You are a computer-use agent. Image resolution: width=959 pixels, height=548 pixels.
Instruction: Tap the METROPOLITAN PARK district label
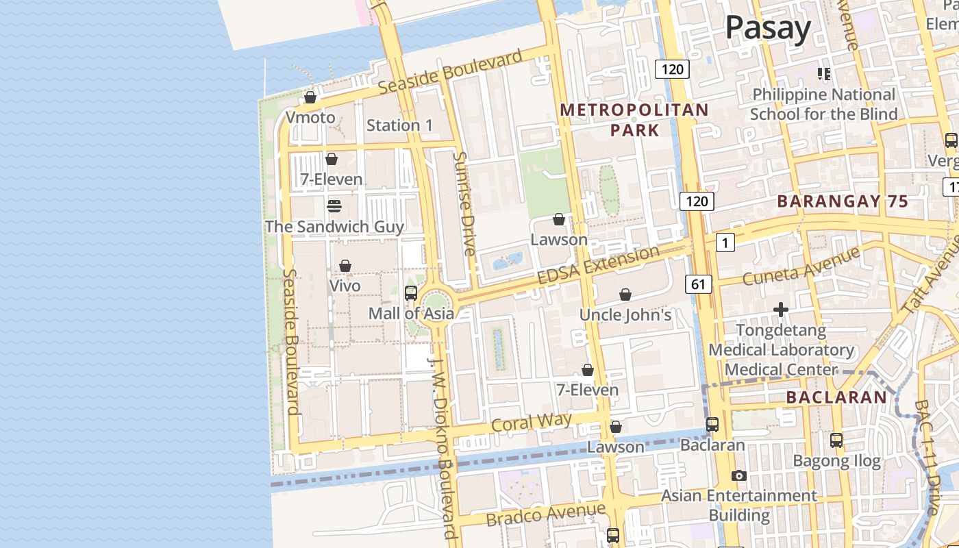[x=634, y=120]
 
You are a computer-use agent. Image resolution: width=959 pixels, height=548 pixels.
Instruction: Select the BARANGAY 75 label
[x=843, y=201]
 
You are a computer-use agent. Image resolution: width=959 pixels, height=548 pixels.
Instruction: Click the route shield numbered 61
[x=697, y=284]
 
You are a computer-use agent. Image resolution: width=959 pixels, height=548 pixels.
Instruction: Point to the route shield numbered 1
[x=724, y=242]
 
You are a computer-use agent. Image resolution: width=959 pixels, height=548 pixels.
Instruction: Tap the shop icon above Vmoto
[x=310, y=97]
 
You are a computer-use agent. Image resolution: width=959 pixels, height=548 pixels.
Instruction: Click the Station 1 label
[x=399, y=125]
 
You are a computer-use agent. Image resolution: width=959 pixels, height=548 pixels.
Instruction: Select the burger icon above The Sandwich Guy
[x=334, y=206]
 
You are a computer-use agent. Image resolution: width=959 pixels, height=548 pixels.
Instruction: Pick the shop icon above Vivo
[x=345, y=266]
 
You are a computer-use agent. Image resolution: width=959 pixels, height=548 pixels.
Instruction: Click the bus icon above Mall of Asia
[x=411, y=293]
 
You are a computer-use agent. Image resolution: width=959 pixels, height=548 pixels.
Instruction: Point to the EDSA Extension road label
[x=598, y=266]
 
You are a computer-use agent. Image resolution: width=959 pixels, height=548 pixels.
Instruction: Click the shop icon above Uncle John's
[x=625, y=295]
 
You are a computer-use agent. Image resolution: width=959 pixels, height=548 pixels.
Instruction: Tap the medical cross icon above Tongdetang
[x=781, y=310]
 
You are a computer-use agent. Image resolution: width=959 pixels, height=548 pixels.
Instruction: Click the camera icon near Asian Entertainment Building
[x=738, y=475]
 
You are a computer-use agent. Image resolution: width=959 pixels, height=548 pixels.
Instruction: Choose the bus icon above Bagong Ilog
[x=836, y=440]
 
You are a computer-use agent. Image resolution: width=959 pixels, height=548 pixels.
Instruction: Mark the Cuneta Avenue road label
[x=801, y=266]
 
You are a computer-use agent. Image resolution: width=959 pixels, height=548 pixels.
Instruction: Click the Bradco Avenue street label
[x=546, y=514]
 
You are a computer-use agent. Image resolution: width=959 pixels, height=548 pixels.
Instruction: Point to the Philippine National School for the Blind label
[x=823, y=104]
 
